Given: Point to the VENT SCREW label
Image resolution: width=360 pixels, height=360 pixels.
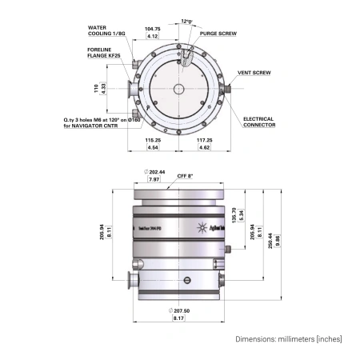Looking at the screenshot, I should tap(254, 73).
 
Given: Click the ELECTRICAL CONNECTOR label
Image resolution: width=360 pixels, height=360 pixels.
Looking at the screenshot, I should tap(258, 122).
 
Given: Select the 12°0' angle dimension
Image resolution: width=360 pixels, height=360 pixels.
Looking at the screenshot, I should tap(187, 21).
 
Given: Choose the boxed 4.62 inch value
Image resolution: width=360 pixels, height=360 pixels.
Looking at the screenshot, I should tap(204, 148).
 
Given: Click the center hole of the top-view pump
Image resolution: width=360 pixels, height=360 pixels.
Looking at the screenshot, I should tap(179, 88).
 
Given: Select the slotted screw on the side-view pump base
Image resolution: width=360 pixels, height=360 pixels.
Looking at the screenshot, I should tap(187, 279).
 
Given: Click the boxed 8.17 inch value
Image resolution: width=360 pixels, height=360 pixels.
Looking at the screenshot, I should tap(178, 319).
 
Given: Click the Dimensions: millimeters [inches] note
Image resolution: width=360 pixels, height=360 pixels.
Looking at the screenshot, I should tap(289, 339).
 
